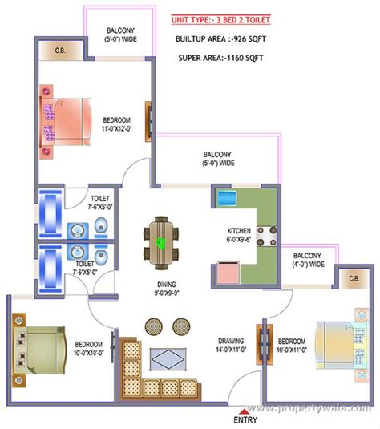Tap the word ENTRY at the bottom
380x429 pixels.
245,419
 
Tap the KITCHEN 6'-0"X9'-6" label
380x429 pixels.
238,233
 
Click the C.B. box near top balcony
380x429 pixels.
60,53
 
